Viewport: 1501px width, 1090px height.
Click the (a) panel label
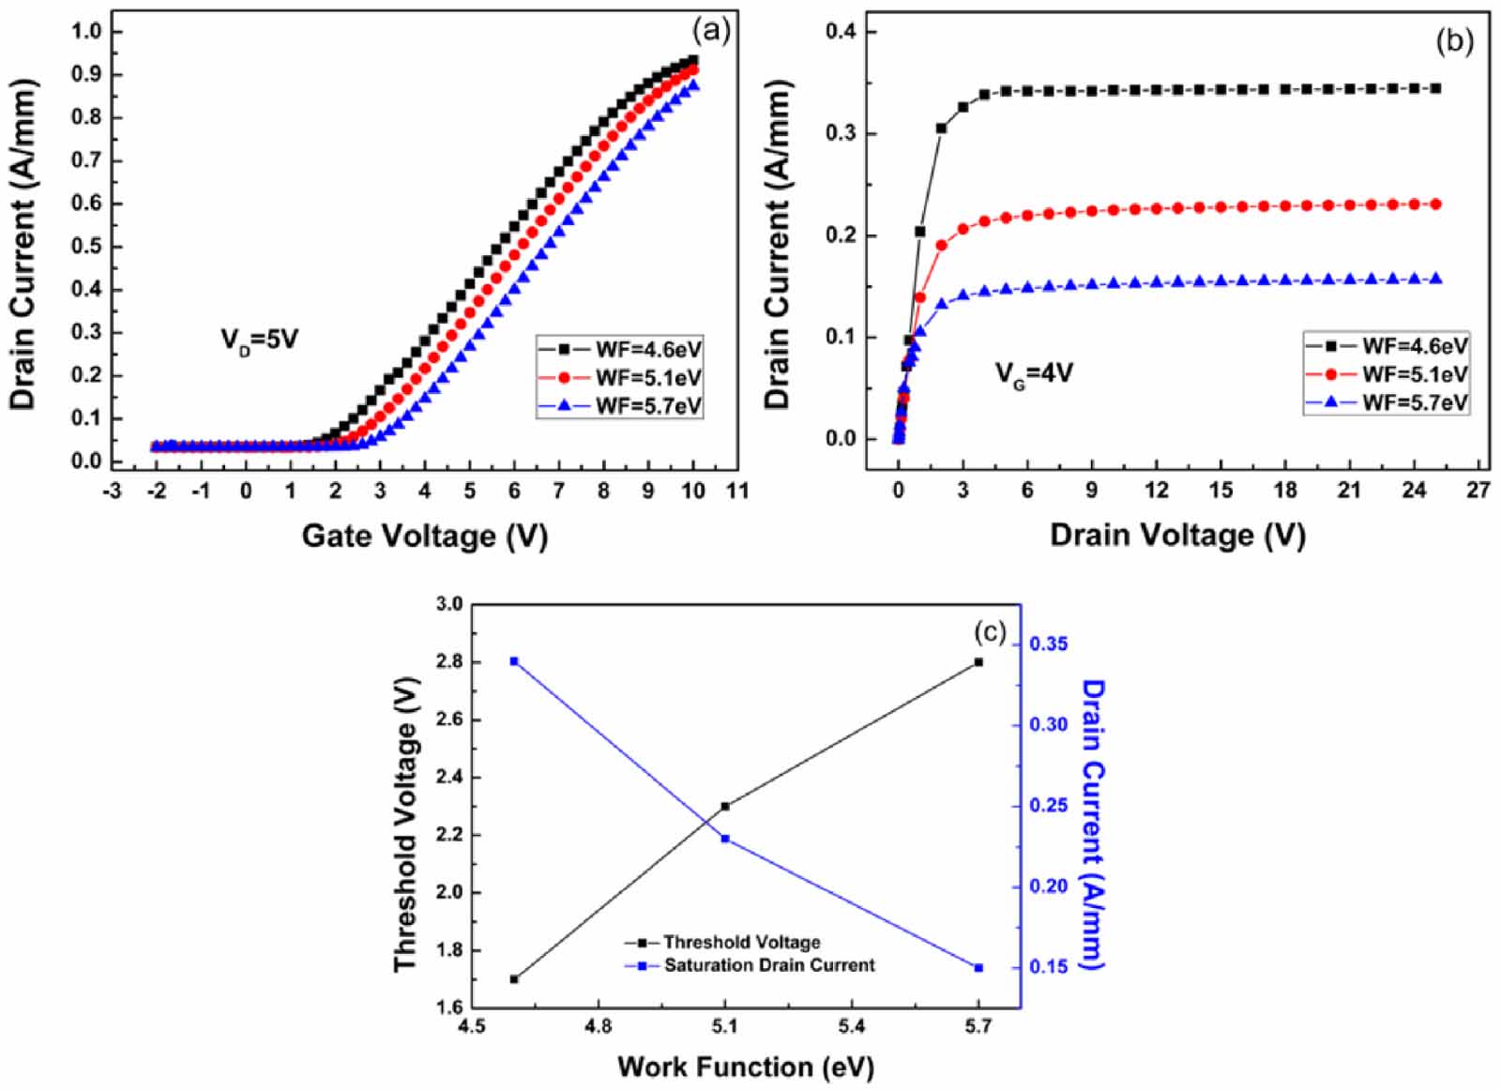click(710, 31)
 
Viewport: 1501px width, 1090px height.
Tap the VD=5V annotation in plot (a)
click(259, 339)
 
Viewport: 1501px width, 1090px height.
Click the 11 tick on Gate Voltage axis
click(737, 491)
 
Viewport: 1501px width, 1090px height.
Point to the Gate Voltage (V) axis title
click(424, 536)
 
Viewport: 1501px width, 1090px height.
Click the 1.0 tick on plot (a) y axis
click(85, 32)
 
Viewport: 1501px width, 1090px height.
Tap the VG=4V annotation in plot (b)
click(1034, 373)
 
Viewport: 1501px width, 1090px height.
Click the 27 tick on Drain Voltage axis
click(1478, 491)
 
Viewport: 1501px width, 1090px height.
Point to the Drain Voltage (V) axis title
click(1176, 535)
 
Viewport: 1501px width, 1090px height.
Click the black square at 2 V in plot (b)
click(941, 129)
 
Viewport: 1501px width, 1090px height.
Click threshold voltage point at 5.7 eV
click(978, 662)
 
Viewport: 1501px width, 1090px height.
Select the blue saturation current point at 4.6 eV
click(513, 661)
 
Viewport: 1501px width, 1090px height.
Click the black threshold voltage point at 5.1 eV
click(725, 806)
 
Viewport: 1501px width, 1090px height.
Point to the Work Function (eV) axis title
click(745, 1067)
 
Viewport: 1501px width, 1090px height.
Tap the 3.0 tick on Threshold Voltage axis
click(449, 605)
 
